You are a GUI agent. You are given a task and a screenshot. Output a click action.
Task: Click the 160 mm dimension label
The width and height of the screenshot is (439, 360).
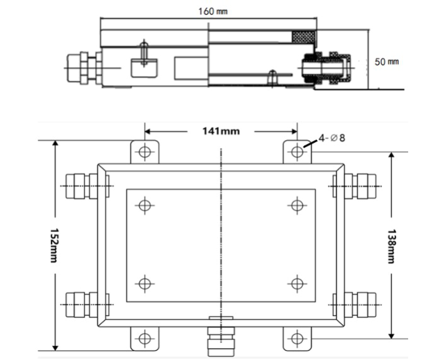[x=213, y=11]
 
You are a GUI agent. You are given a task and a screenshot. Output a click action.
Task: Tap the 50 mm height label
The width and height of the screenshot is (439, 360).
[x=387, y=62]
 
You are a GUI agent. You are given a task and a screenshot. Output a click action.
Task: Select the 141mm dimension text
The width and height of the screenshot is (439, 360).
[x=221, y=131]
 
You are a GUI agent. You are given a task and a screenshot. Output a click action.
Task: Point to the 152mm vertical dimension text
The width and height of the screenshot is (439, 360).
[x=53, y=245]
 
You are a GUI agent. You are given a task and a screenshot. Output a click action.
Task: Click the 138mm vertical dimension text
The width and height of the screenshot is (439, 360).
[x=391, y=246]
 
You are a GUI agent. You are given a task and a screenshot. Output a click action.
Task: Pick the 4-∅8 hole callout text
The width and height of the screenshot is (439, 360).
[x=332, y=138]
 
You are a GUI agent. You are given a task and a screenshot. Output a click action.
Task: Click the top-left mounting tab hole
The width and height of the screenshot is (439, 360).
[x=145, y=152]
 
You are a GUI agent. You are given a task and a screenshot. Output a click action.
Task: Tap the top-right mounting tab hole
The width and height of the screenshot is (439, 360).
[x=297, y=152]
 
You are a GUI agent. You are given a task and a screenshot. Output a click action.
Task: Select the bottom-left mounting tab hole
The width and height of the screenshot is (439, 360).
[x=145, y=339]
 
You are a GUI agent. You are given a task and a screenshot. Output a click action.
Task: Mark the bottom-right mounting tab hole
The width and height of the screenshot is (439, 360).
[x=297, y=339]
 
